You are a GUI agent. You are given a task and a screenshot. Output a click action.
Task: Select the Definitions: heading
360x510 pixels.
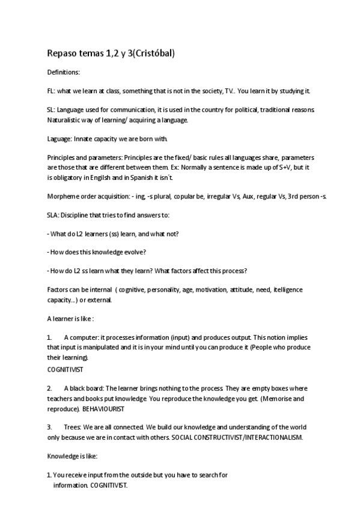tap(63, 73)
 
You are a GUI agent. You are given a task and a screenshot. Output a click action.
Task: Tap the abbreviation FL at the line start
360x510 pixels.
tap(50, 91)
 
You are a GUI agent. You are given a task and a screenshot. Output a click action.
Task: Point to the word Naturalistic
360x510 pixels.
tap(64, 120)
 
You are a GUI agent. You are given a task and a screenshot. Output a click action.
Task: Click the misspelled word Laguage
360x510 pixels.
tap(59, 138)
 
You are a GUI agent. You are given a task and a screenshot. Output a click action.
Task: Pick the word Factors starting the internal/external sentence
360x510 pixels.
tap(57, 290)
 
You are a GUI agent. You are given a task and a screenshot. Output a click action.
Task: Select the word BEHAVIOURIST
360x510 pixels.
tap(103, 408)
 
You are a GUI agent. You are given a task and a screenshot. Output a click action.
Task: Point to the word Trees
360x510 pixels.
tap(72, 426)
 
